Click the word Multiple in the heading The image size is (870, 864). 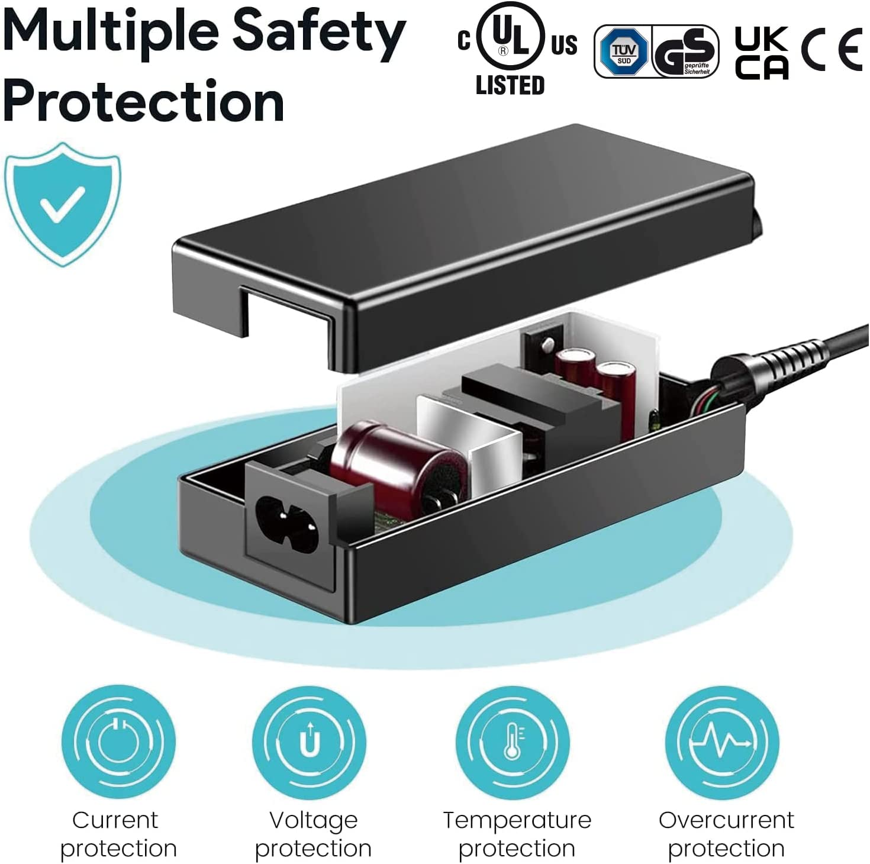pos(109,33)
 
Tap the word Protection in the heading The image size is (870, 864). pos(144,101)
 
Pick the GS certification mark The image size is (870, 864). pos(685,51)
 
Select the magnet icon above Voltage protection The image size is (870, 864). pos(310,742)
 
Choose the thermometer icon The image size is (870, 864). pos(513,742)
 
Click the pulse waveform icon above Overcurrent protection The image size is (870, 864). pos(721,742)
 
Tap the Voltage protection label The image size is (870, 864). pos(313,834)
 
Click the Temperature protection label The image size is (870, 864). pos(517,834)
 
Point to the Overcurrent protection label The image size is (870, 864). pos(726,834)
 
